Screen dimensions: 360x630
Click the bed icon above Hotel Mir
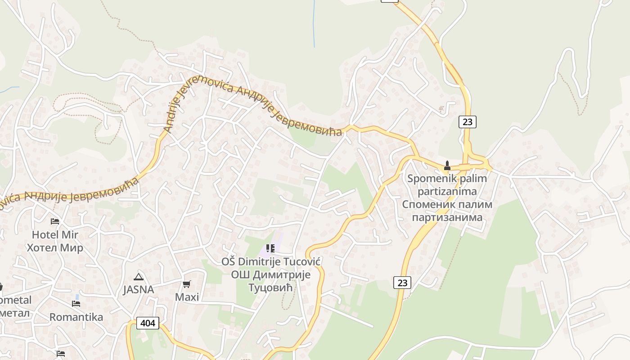pos(55,221)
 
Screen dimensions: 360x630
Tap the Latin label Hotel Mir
pos(55,234)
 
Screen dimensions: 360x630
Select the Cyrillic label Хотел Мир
pos(55,247)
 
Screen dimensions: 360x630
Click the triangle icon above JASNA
pos(138,277)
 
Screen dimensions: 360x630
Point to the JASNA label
pos(139,289)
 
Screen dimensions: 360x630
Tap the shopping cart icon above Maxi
pos(187,284)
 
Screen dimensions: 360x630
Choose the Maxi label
pos(187,297)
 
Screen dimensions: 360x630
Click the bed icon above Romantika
pos(76,304)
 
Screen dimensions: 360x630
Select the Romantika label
pos(76,317)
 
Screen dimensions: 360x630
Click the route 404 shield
pos(148,323)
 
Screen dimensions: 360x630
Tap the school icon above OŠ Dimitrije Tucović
pos(270,248)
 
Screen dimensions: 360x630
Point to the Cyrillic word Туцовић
pos(271,287)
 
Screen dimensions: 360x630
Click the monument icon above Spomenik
pos(447,165)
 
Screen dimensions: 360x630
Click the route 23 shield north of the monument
pos(468,121)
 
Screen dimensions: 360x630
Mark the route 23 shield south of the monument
pos(402,283)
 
